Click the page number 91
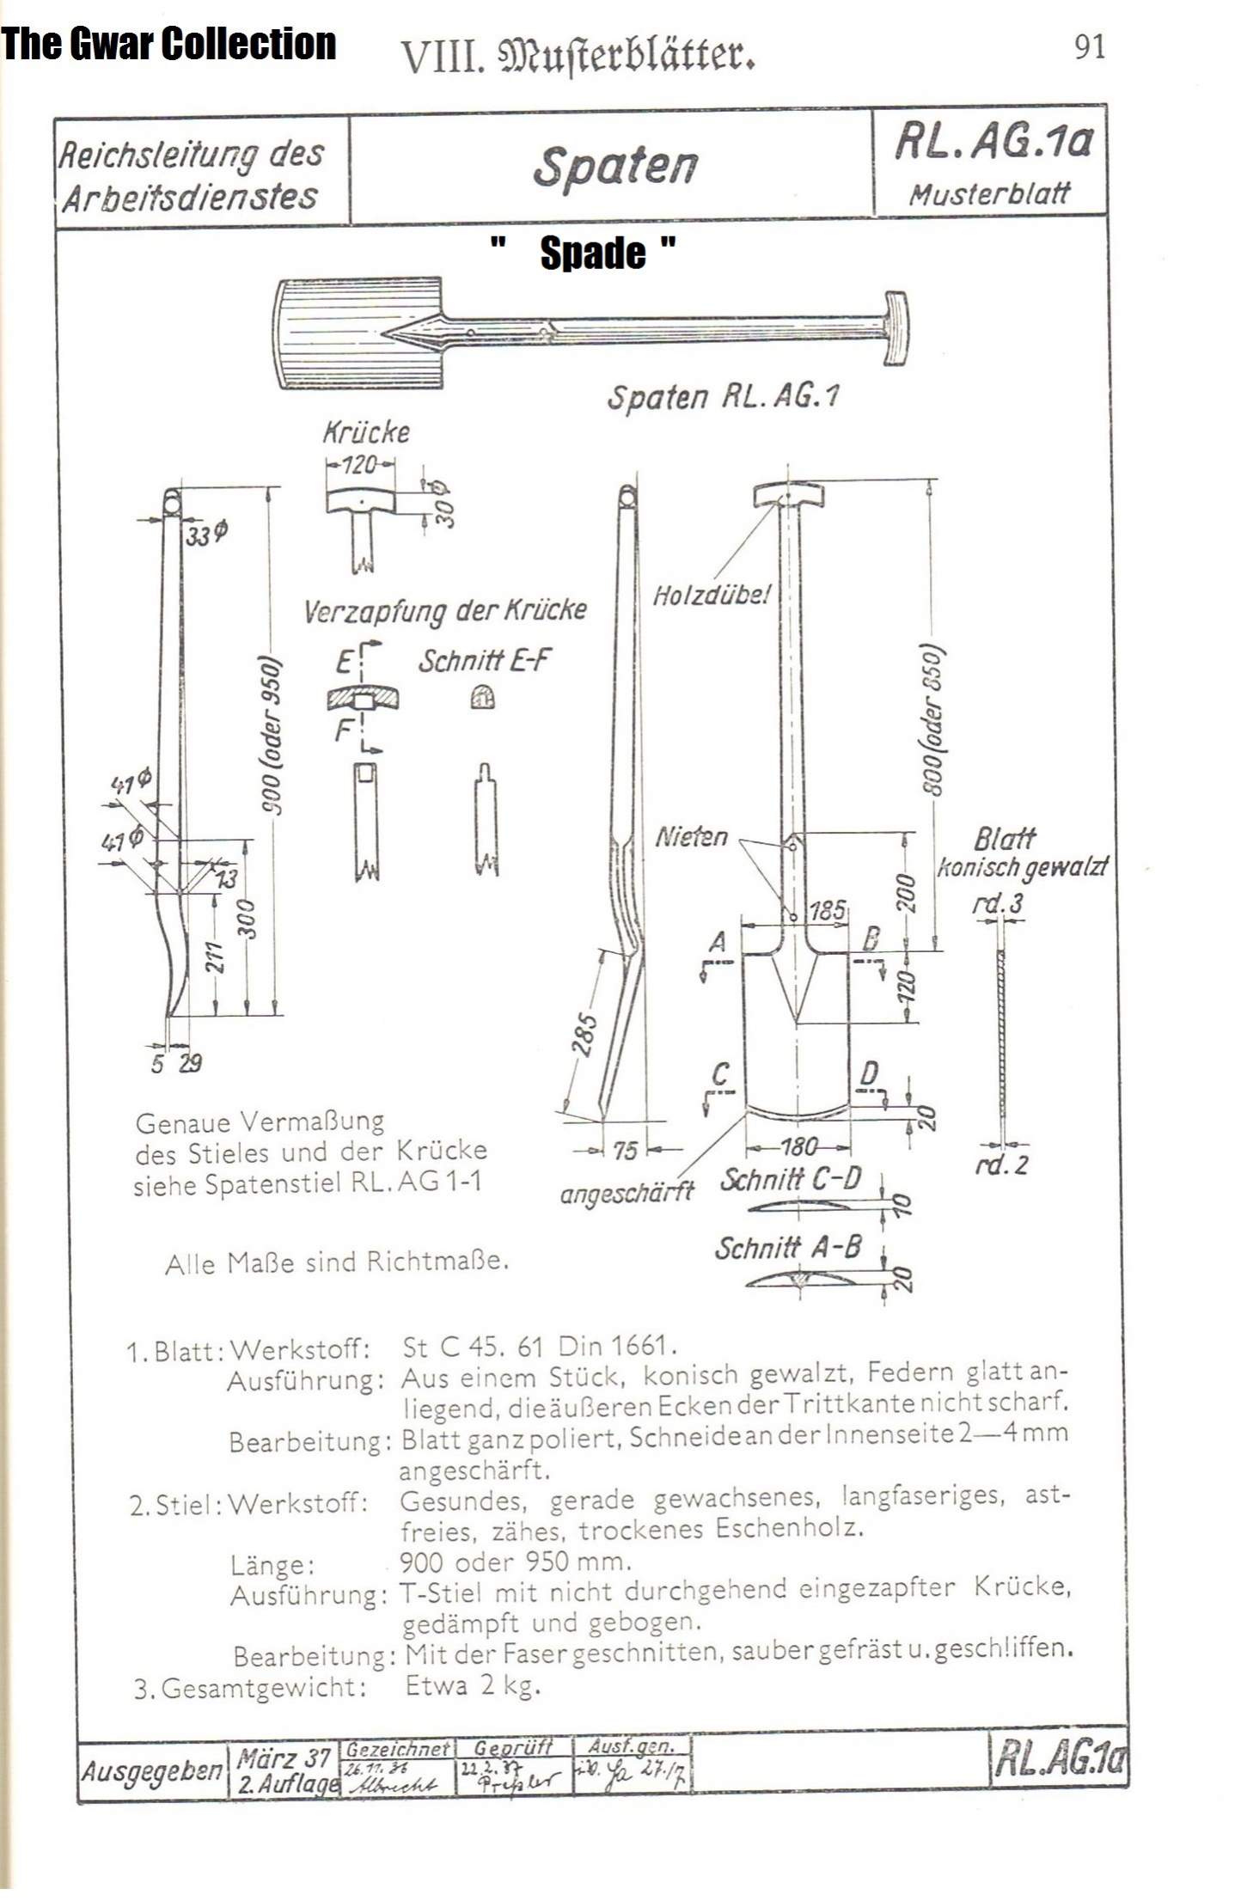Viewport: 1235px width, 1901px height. (x=1089, y=46)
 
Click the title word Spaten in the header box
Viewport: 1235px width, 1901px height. (x=614, y=166)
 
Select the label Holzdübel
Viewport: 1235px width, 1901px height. (x=712, y=595)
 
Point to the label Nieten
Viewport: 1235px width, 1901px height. (x=691, y=836)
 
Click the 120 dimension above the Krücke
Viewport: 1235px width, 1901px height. (x=360, y=465)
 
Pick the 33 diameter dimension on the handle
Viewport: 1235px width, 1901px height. (x=205, y=535)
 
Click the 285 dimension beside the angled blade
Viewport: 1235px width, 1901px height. (x=584, y=1034)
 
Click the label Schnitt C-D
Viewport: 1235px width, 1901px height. (x=790, y=1179)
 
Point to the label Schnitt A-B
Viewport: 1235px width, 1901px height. (x=787, y=1248)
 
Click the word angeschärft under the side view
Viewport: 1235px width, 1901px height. (x=626, y=1193)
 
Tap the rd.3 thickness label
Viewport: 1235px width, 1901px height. (x=997, y=903)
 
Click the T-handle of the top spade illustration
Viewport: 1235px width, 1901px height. (x=894, y=327)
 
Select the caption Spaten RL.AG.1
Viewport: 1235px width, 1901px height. (x=723, y=397)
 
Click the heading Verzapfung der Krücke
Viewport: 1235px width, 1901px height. (x=444, y=611)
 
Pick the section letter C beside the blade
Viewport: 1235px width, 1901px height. (x=721, y=1073)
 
